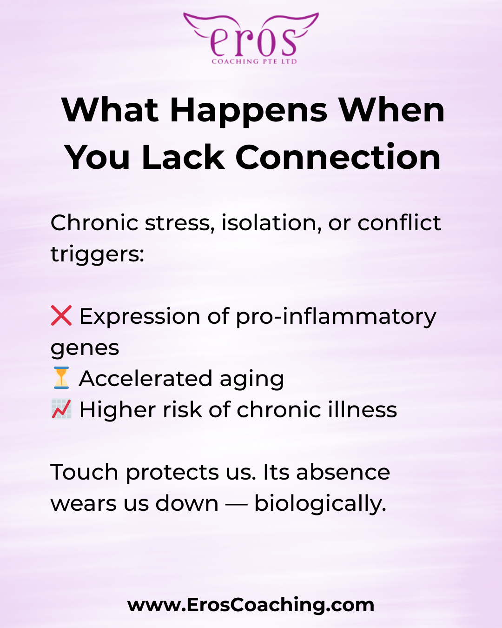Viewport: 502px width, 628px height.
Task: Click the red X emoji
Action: (61, 315)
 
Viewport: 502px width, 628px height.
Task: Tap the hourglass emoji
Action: (61, 378)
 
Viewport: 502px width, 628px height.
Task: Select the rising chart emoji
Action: (61, 409)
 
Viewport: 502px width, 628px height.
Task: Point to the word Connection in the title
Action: (338, 158)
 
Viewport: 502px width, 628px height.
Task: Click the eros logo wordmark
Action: (253, 43)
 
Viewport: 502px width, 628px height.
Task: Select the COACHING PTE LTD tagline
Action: (254, 61)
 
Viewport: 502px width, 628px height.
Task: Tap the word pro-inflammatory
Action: (336, 317)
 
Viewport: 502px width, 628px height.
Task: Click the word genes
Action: (85, 348)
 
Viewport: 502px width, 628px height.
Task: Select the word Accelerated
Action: (145, 379)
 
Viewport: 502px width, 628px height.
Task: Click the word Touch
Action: (84, 472)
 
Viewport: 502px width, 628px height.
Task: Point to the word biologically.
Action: (320, 504)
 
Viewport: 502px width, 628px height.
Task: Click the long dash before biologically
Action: (236, 504)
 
